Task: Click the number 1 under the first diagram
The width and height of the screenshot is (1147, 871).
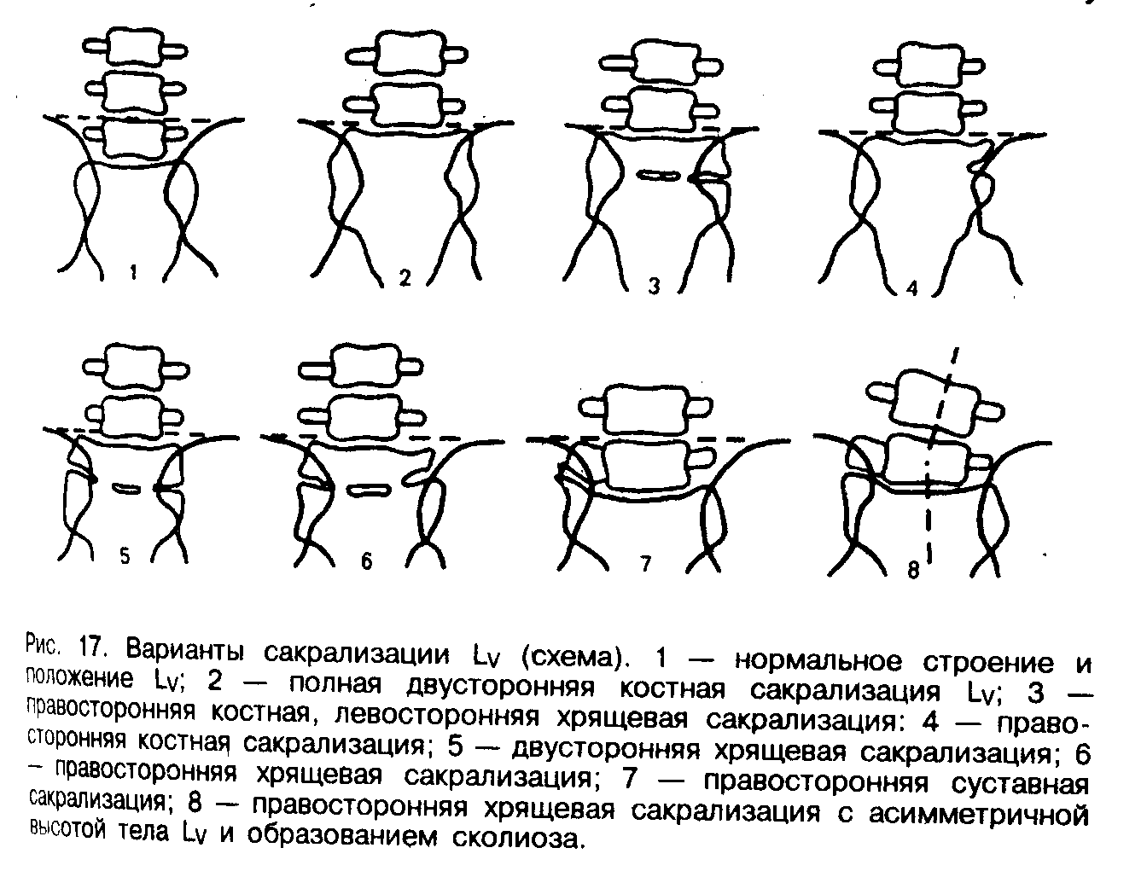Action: coord(133,274)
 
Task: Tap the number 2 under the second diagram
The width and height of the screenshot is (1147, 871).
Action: coord(405,278)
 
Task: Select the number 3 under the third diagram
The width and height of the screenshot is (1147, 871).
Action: coord(655,287)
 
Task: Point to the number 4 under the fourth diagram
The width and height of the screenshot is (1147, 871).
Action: coord(911,288)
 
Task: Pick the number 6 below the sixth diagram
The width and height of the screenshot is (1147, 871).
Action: coord(366,562)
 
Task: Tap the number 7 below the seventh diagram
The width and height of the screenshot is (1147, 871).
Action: coord(646,563)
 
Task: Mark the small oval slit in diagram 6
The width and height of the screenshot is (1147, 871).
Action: coord(369,491)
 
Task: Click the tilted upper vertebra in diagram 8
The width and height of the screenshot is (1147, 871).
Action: coord(933,398)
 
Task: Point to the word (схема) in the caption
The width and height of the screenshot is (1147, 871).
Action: coord(571,656)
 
